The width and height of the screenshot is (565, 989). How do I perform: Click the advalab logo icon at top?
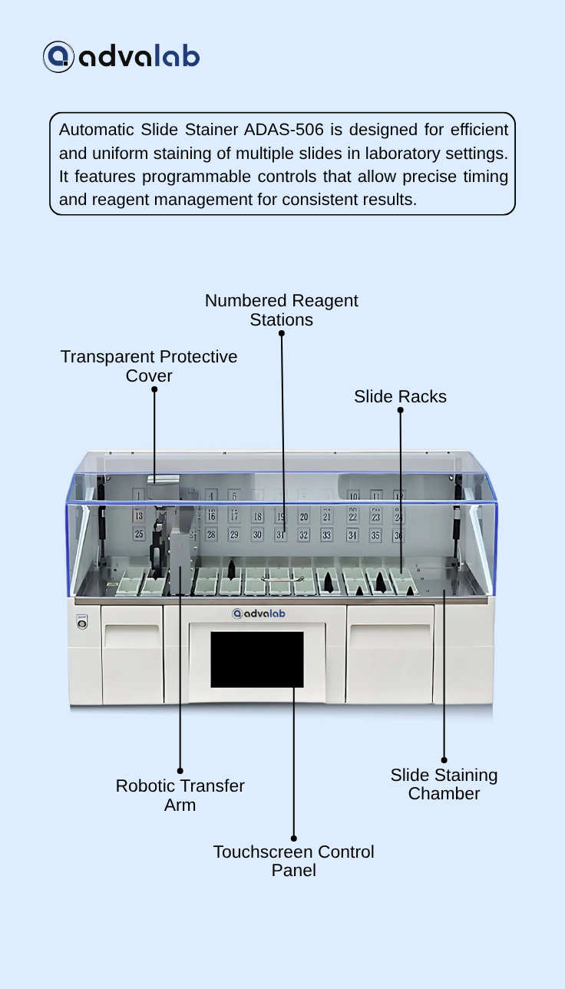58,57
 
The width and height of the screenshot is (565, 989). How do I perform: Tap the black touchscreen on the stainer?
257,660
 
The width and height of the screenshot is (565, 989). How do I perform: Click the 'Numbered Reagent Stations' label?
281,310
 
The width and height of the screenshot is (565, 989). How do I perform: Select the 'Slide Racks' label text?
400,396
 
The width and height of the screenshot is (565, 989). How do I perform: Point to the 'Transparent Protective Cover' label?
149,366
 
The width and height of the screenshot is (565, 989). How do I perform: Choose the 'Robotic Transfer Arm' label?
180,795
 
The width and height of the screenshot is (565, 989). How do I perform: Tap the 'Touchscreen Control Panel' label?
294,862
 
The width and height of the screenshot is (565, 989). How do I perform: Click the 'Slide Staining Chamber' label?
444,784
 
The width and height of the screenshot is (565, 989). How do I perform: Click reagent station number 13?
139,517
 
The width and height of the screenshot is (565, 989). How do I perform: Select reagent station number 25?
139,534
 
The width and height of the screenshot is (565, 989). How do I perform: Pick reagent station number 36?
398,535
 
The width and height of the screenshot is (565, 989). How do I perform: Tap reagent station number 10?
353,497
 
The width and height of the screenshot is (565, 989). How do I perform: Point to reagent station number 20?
304,518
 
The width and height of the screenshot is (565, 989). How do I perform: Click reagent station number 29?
234,534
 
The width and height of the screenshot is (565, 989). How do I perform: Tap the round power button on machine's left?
82,623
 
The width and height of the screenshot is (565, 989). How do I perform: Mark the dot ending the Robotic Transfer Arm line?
180,771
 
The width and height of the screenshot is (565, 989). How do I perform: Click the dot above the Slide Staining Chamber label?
444,760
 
